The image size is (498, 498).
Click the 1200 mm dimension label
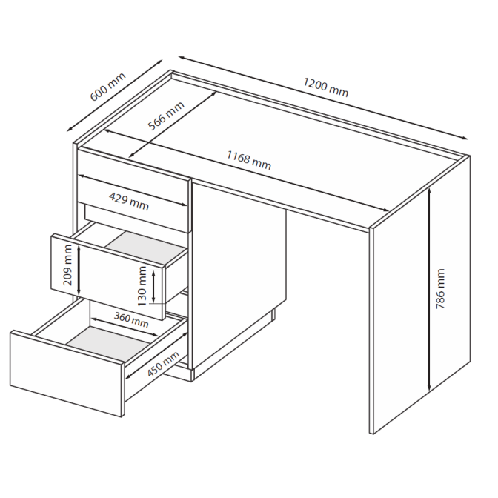pos(326,87)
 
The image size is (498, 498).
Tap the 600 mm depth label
pos(108,87)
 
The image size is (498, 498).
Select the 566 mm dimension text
pos(166,116)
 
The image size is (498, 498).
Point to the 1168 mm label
pos(249,160)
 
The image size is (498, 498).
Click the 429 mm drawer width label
pos(129,202)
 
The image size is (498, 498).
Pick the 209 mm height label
pos(68,265)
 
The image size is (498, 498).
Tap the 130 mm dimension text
pos(142,286)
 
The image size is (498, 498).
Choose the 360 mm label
pos(131,320)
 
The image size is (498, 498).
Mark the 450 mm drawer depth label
pos(163,364)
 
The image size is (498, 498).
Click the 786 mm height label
pos(440,289)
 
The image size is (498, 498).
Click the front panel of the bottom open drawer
pos(67,373)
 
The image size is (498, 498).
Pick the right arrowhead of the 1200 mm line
pos(465,138)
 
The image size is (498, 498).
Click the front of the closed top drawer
pos(134,189)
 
